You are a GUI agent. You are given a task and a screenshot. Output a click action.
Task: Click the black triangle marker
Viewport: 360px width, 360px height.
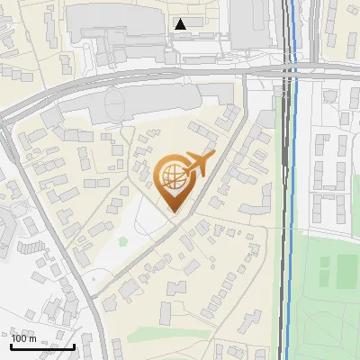[182, 24]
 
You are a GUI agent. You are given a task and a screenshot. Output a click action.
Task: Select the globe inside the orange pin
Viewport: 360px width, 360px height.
[173, 179]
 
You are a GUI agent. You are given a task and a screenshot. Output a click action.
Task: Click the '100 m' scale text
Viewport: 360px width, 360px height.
[24, 338]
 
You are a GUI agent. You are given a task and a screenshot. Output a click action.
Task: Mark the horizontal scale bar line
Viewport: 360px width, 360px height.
[42, 346]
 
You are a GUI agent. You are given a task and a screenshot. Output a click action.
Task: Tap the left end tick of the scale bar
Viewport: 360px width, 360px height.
[12, 345]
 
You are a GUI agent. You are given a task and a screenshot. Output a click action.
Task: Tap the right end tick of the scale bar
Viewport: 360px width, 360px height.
[74, 345]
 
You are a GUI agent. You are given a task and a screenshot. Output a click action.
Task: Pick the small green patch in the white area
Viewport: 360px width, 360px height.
[122, 241]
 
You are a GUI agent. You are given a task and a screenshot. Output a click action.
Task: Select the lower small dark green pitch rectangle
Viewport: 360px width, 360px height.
[346, 280]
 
